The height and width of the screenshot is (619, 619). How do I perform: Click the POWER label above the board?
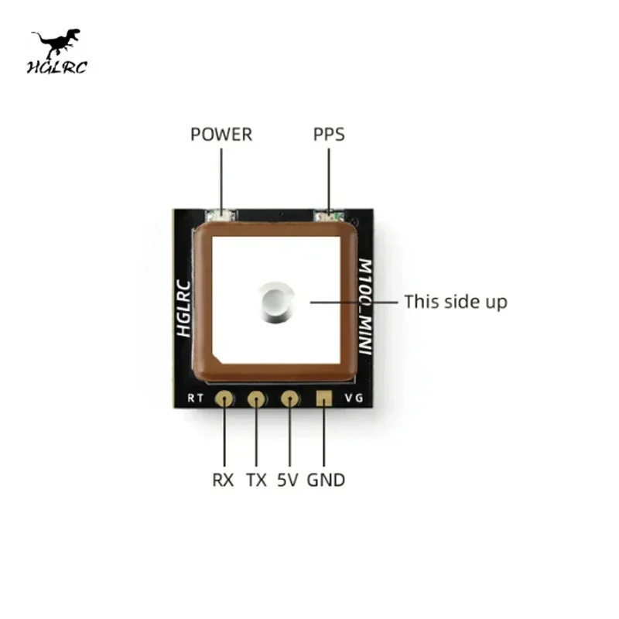221,135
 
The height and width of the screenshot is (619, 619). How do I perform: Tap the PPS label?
329,135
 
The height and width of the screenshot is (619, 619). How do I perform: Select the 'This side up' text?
456,302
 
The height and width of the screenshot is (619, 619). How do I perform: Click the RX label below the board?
224,480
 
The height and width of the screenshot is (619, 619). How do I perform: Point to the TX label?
256,480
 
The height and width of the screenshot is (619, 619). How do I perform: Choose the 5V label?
288,480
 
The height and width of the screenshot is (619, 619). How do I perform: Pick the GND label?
326,480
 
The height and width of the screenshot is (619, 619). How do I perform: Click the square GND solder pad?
323,399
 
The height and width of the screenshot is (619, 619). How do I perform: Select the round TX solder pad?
257,399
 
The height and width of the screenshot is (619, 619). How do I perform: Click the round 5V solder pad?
289,399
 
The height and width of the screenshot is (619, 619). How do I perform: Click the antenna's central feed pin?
275,302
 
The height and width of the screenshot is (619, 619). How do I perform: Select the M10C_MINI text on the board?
366,305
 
